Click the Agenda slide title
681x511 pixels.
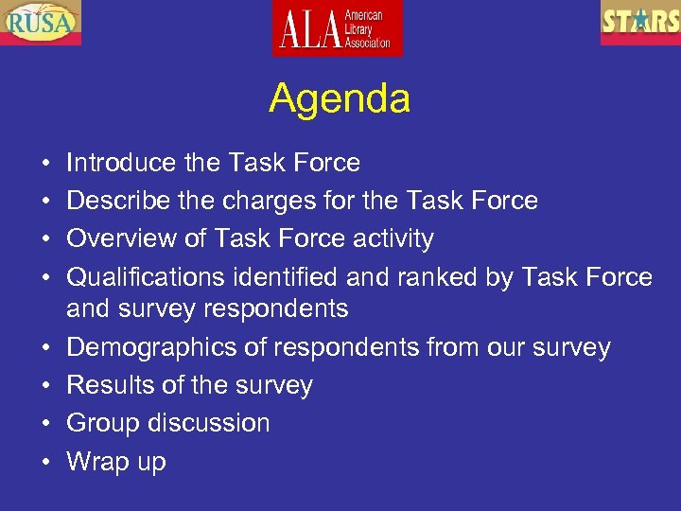tap(340, 98)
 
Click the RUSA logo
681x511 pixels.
tap(41, 23)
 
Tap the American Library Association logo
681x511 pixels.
tap(338, 27)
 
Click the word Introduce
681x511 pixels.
tap(121, 163)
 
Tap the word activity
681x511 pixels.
tap(393, 238)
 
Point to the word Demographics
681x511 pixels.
tap(166, 347)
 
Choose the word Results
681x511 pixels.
tap(107, 385)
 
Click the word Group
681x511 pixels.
tap(103, 423)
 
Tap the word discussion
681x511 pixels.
tap(208, 423)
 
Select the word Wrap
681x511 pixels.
tap(100, 462)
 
